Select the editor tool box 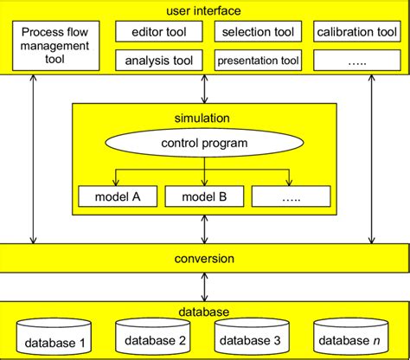point(159,33)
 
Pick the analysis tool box point(159,61)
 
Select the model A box point(115,197)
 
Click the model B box point(204,197)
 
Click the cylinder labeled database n point(351,337)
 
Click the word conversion point(204,258)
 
